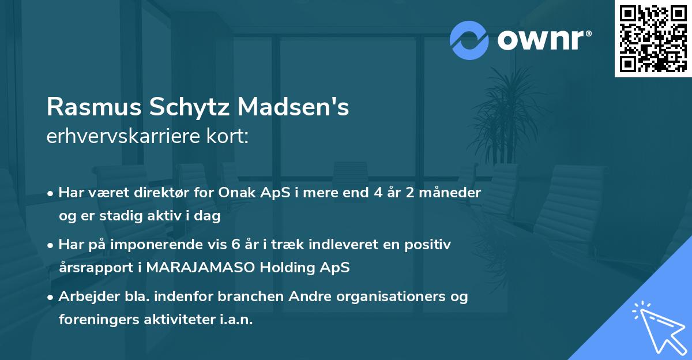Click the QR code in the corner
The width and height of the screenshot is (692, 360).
coord(653,38)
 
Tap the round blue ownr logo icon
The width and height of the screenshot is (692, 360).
coord(469,40)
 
